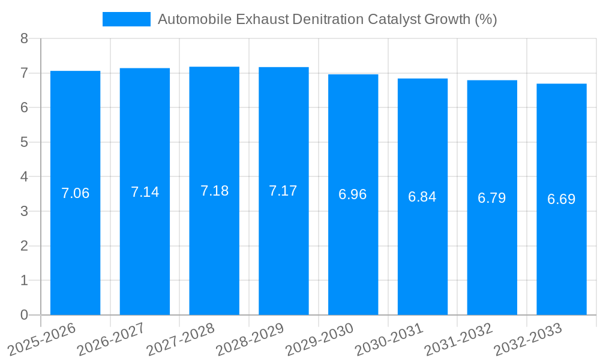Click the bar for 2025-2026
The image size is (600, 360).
75,193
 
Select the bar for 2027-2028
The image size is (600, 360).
214,191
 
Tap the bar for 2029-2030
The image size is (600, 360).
353,194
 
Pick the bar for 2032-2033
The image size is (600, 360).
561,199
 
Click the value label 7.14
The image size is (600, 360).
145,192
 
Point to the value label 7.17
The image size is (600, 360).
283,191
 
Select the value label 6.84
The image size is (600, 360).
422,197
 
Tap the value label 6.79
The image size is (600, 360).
492,198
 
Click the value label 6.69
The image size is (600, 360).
561,199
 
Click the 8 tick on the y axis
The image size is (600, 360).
24,38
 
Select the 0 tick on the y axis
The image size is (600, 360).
24,315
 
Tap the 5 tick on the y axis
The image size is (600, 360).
24,142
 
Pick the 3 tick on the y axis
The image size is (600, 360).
24,211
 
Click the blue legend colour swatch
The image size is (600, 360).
127,19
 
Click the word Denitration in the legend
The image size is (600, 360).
328,19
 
